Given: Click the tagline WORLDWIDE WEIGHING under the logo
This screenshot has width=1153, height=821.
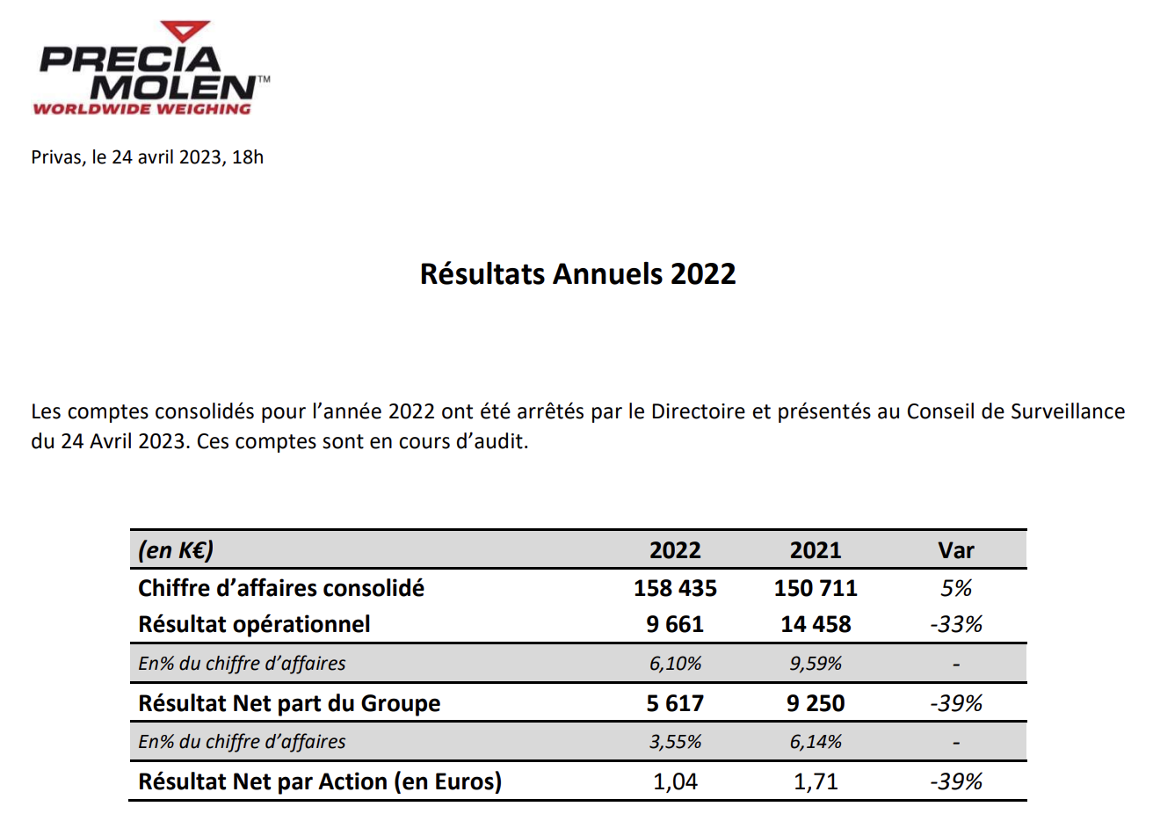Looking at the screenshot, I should [141, 109].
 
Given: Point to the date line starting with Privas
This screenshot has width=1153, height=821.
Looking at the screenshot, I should [148, 157].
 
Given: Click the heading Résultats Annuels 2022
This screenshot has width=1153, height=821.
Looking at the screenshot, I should [577, 274].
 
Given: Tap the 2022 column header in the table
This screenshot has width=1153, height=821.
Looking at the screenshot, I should [675, 550].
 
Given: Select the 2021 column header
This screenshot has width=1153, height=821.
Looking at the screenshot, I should [816, 550].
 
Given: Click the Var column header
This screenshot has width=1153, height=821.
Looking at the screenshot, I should [956, 550].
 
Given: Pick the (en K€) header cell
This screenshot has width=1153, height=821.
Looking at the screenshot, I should [176, 550].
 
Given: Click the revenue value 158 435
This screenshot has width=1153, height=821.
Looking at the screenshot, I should [675, 588].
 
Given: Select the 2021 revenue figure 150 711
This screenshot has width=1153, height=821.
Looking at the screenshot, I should [816, 588].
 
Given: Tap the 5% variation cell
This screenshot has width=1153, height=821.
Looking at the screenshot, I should [956, 588].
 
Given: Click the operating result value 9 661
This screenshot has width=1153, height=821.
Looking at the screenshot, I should [675, 624].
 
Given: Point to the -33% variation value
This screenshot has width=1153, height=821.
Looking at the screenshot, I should [956, 624].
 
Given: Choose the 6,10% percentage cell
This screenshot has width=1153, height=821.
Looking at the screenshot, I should [675, 664].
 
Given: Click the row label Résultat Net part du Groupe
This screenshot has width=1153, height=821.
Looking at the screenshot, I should [289, 703].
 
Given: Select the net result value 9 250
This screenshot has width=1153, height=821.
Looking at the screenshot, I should [816, 703].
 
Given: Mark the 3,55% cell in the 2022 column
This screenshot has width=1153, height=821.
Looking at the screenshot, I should [675, 742].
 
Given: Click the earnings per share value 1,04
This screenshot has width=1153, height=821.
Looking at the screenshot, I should [675, 781].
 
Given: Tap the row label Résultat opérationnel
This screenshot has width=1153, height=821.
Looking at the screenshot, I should [254, 624].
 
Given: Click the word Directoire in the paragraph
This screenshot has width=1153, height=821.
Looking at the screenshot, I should [698, 411].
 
